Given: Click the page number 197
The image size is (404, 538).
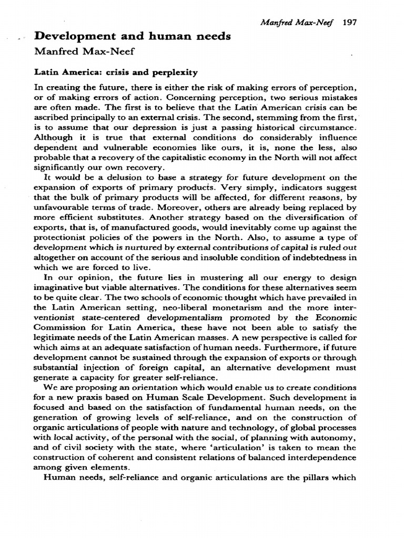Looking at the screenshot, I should pyautogui.click(x=349, y=23).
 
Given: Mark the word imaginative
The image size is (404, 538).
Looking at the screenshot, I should pyautogui.click(x=59, y=287).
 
